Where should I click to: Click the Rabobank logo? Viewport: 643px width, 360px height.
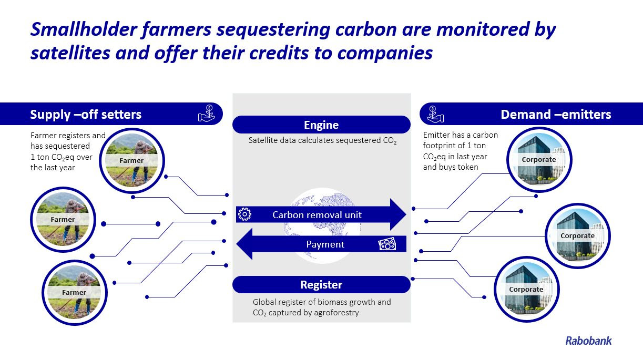click(588, 341)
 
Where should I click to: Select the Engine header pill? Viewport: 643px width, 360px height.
click(321, 125)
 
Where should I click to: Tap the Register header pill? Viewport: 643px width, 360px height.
click(321, 285)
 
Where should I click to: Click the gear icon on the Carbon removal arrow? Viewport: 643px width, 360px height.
click(244, 214)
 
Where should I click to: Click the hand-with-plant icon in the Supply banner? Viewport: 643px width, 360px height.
click(207, 114)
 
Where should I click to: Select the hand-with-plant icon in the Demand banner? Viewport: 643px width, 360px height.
click(435, 114)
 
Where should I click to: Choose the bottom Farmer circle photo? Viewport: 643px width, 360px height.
click(74, 292)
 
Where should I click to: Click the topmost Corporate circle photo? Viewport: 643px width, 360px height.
click(538, 159)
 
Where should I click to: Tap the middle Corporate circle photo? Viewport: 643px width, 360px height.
click(577, 235)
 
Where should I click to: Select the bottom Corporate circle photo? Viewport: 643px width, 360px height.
click(526, 289)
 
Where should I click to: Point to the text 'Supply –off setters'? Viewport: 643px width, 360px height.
click(86, 115)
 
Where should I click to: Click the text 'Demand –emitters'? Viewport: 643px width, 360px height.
click(556, 115)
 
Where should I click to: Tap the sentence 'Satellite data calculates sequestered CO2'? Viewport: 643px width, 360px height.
click(322, 141)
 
